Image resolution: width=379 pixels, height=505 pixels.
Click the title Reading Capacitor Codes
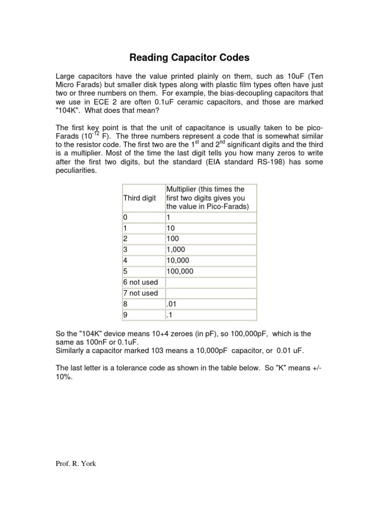pos(189,58)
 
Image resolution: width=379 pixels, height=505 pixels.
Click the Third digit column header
pos(139,198)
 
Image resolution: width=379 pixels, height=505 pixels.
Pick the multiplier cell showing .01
pos(172,304)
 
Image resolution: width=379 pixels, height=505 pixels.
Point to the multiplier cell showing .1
pos(170,315)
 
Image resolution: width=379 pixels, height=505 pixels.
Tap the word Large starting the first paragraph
pos(67,77)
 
